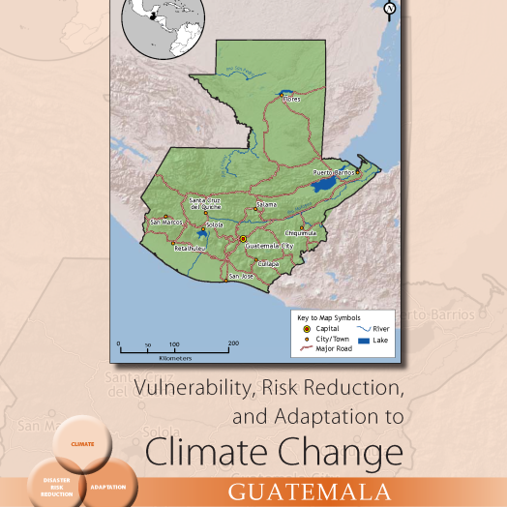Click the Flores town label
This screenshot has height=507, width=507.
(292, 99)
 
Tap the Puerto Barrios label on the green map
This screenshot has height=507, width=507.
(332, 171)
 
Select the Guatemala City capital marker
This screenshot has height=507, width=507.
(244, 237)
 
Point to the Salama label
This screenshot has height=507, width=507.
(266, 204)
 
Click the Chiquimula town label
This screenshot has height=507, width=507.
(301, 232)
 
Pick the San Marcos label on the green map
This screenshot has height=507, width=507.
(166, 222)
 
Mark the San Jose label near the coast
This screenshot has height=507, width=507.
(240, 277)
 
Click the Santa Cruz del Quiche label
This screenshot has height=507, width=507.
(207, 201)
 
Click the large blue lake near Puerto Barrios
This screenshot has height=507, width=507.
(322, 181)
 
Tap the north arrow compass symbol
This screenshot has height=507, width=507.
(390, 10)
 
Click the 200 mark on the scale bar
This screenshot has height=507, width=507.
(233, 343)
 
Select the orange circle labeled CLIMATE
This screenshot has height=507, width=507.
(83, 444)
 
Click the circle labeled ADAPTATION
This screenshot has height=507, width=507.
(107, 486)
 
